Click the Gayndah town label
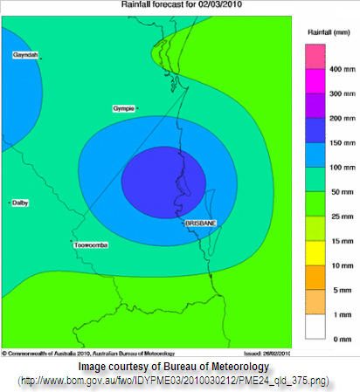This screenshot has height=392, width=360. (x=24, y=54)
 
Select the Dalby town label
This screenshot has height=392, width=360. (x=20, y=203)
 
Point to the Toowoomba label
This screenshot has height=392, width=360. (x=91, y=245)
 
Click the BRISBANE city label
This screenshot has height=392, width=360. (x=201, y=224)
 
